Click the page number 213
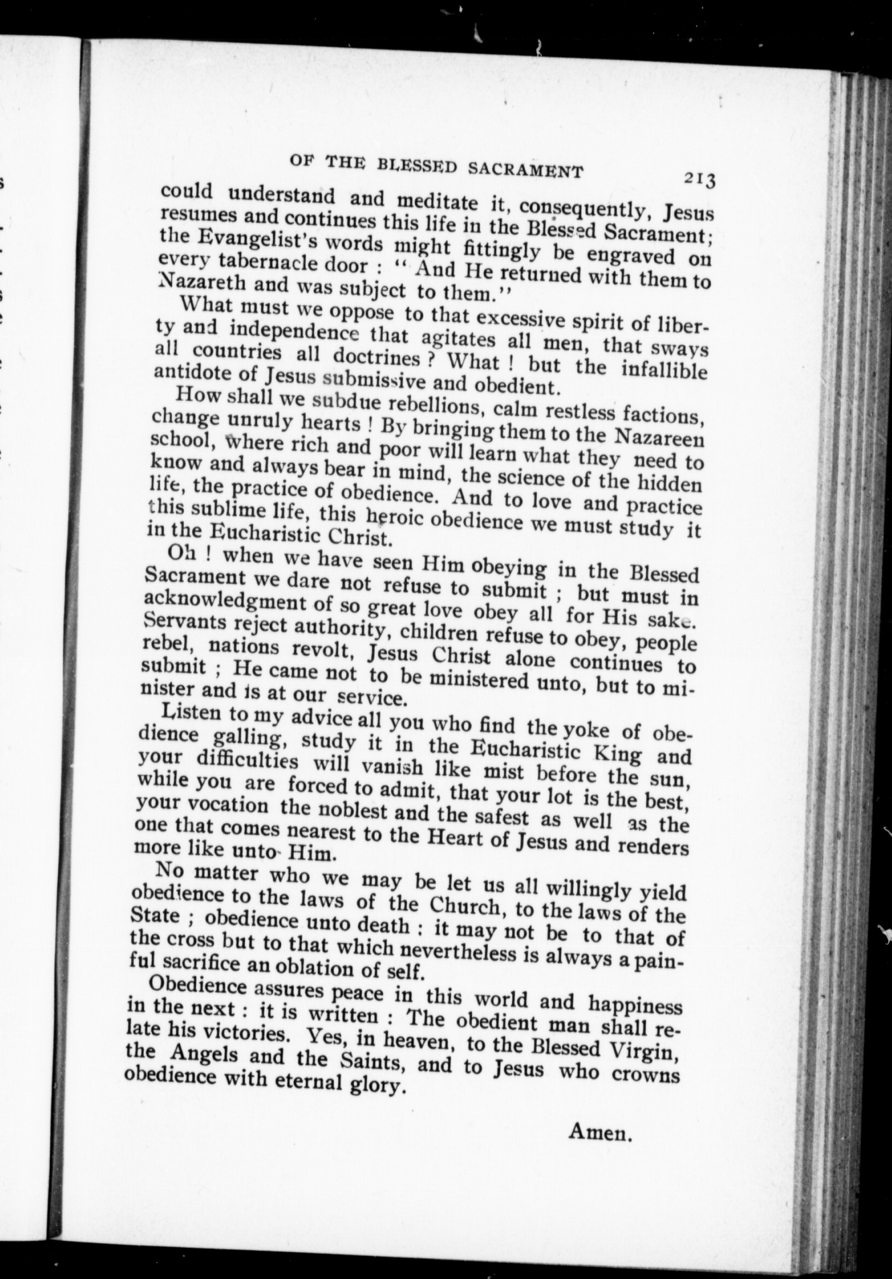700,179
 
